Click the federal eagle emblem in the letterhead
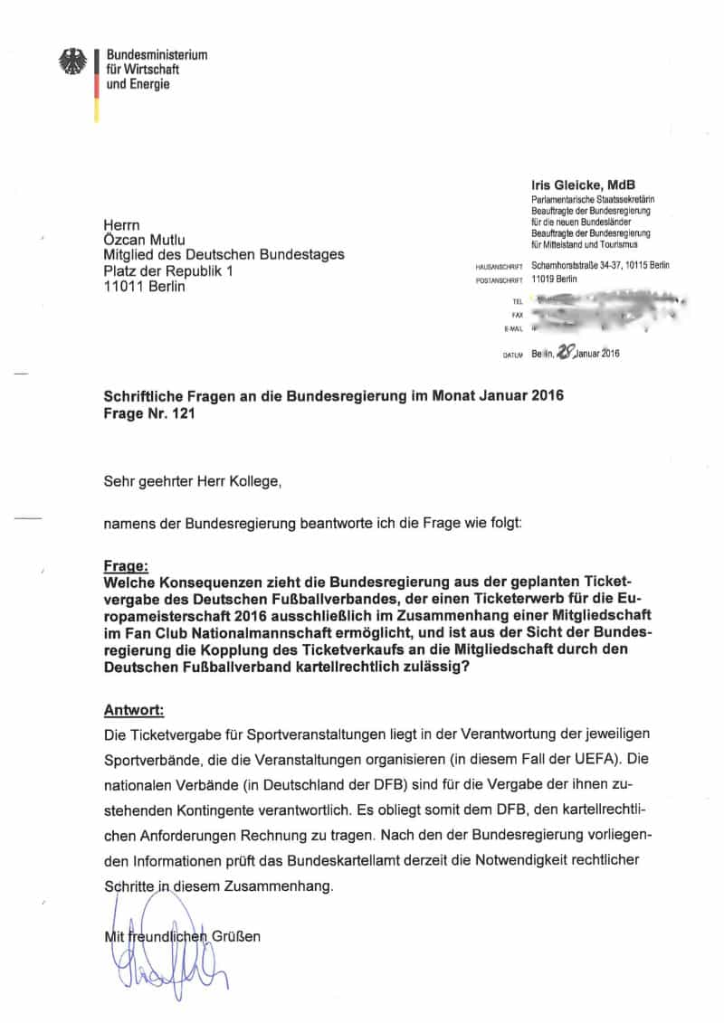(x=72, y=62)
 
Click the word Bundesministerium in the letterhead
(x=157, y=55)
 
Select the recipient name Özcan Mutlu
(x=145, y=239)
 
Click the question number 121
(x=181, y=415)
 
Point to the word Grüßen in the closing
(x=236, y=936)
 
